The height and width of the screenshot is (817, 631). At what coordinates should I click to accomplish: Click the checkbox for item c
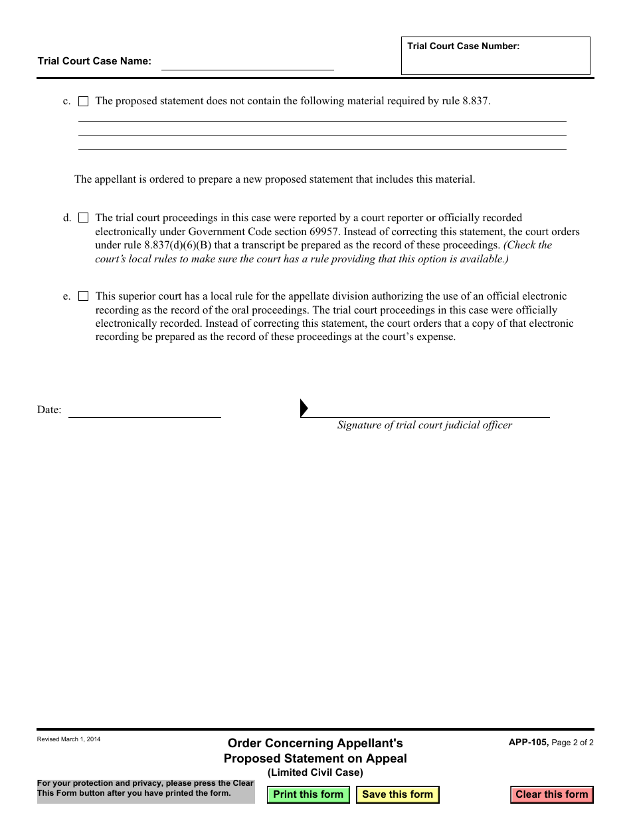[84, 102]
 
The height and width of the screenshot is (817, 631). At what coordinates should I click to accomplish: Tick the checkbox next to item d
[84, 218]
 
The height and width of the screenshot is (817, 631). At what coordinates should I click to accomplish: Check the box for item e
[84, 296]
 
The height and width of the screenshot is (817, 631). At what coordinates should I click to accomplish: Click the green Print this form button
[308, 794]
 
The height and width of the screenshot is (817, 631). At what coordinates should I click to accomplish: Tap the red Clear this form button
[551, 794]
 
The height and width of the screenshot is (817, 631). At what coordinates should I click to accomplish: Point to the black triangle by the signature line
[304, 408]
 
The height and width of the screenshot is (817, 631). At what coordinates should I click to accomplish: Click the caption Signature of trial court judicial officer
[424, 425]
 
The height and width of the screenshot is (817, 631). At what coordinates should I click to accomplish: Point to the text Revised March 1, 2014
[69, 739]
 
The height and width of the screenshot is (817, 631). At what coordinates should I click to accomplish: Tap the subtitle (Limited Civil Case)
[315, 772]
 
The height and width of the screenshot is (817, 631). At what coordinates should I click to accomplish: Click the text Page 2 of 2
[573, 743]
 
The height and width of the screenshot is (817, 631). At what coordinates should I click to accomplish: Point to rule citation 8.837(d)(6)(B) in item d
[178, 245]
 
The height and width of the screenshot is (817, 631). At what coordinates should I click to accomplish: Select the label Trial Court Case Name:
[94, 61]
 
